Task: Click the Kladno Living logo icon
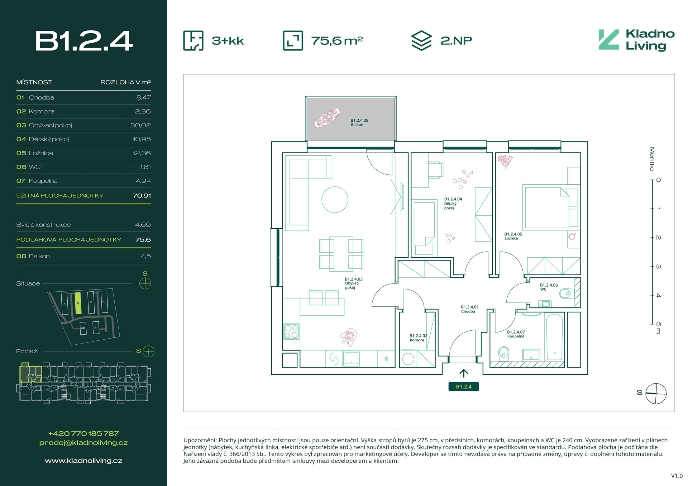pyautogui.click(x=608, y=40)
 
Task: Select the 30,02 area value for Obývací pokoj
pyautogui.click(x=140, y=125)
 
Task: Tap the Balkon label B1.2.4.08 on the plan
pyautogui.click(x=359, y=122)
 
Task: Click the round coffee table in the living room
pyautogui.click(x=335, y=200)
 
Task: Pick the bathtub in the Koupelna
pyautogui.click(x=555, y=337)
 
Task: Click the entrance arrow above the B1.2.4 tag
pyautogui.click(x=464, y=374)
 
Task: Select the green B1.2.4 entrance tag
pyautogui.click(x=464, y=387)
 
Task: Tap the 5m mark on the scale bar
pyautogui.click(x=658, y=328)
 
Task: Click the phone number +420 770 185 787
pyautogui.click(x=83, y=433)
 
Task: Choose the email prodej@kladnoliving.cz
pyautogui.click(x=83, y=443)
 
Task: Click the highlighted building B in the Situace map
pyautogui.click(x=78, y=303)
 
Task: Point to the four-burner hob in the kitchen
pyautogui.click(x=291, y=331)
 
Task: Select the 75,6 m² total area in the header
pyautogui.click(x=337, y=40)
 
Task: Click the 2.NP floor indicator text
pyautogui.click(x=456, y=40)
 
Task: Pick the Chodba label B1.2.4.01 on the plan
pyautogui.click(x=469, y=309)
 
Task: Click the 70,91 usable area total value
pyautogui.click(x=142, y=196)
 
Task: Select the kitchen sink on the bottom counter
pyautogui.click(x=351, y=358)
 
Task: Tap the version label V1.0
pyautogui.click(x=677, y=476)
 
